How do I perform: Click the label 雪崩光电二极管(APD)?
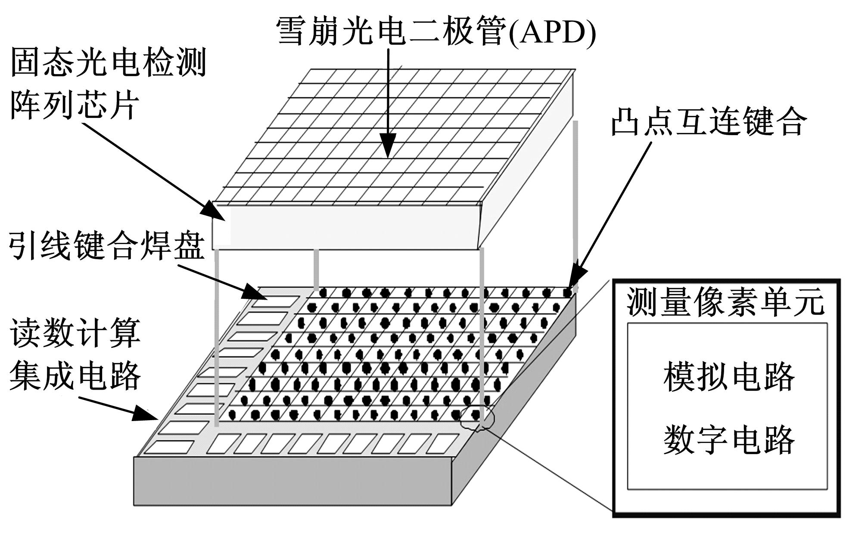click(435, 31)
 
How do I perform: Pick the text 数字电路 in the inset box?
click(728, 440)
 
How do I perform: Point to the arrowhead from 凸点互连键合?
click(575, 282)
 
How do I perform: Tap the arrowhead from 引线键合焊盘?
click(254, 293)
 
